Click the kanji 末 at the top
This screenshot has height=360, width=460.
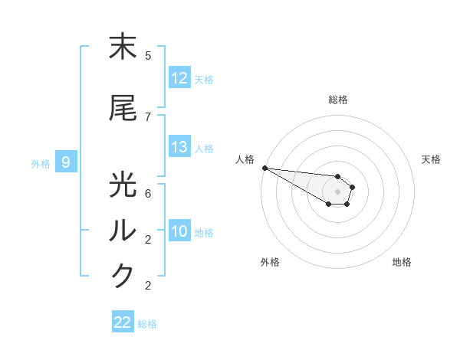[x=123, y=48]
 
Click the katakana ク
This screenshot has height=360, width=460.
[x=123, y=276]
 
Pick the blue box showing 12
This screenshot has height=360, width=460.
[x=179, y=78]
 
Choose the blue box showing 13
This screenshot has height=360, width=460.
[x=179, y=147]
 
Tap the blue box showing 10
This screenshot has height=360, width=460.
[x=179, y=231]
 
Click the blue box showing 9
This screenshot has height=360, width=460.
[x=66, y=162]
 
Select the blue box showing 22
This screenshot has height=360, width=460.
[x=123, y=322]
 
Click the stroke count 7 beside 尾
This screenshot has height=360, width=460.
[x=148, y=116]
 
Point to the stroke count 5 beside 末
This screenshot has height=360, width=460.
[x=148, y=56]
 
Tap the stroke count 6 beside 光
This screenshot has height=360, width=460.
[x=148, y=193]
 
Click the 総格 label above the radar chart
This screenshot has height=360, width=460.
[x=338, y=100]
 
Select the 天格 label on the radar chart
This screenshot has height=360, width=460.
[x=431, y=159]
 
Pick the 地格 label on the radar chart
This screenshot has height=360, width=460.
[x=402, y=262]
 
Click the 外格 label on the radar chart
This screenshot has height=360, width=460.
[x=270, y=262]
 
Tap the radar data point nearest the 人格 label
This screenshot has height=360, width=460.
[x=264, y=168]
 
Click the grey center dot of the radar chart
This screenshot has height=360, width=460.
[x=337, y=191]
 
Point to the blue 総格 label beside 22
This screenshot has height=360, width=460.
[x=147, y=324]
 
